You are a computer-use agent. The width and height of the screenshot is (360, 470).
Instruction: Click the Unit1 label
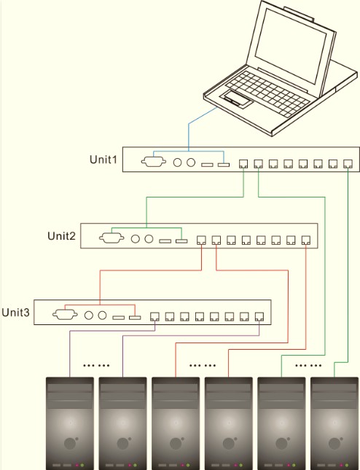(103, 159)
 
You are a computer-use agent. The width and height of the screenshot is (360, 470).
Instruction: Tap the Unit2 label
(61, 236)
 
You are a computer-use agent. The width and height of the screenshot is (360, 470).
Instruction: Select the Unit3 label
(15, 313)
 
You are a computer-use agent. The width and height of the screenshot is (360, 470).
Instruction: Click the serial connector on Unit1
(154, 162)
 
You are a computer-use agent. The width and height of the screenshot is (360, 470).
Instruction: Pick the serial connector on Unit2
(111, 238)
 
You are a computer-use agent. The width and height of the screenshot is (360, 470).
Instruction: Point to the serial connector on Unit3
(65, 315)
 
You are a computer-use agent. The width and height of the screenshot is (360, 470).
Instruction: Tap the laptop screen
(291, 46)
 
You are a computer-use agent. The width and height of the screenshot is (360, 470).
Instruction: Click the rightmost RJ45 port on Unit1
(348, 164)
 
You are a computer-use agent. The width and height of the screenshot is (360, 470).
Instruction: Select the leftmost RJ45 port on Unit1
(243, 164)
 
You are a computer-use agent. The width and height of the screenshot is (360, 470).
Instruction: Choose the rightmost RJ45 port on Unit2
(306, 240)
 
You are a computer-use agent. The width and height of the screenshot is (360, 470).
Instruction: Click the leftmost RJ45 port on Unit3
(154, 316)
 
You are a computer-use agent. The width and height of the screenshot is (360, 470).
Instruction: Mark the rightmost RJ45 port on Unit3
(259, 316)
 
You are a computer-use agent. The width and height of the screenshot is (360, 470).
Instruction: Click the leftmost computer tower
(70, 423)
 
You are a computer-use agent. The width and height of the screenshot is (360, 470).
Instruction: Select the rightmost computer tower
(334, 423)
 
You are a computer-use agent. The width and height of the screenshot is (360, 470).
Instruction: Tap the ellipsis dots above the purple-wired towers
(96, 365)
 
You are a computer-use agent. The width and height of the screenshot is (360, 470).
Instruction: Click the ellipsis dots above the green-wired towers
(308, 365)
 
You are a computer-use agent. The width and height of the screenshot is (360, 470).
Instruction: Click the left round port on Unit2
(136, 239)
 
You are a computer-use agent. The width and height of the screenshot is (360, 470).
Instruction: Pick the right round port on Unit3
(102, 315)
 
